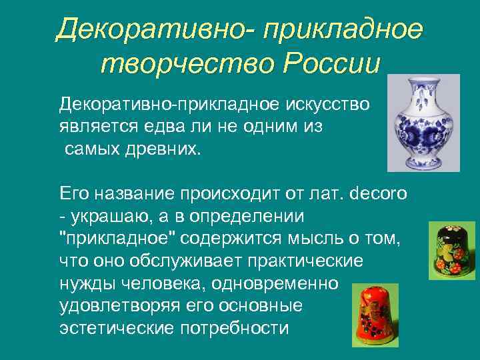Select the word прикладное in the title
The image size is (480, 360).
pos(343,28)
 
